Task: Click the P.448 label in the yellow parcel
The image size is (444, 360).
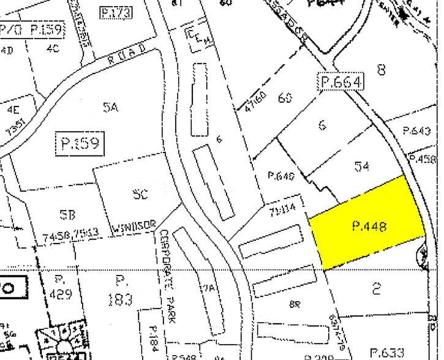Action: (369, 227)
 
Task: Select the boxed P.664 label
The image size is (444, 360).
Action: (341, 81)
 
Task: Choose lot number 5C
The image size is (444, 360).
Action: (140, 195)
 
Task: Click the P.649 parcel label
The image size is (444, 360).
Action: (281, 176)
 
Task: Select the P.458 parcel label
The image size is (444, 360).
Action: (427, 159)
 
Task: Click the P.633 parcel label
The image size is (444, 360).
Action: (404, 352)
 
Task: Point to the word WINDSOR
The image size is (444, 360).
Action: (137, 227)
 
